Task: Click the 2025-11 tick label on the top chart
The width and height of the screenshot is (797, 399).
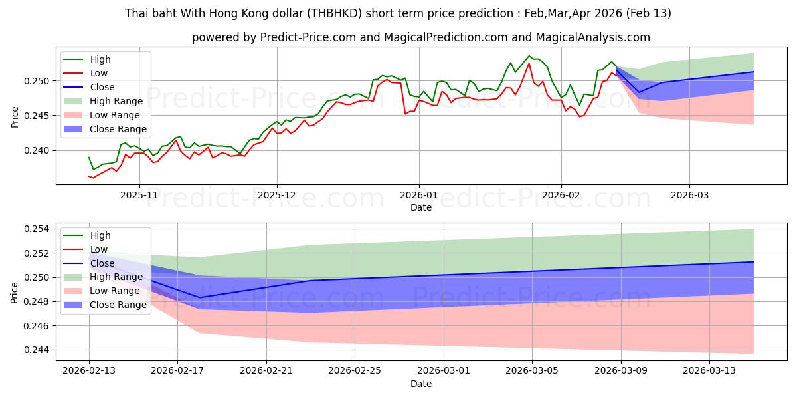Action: pos(139,196)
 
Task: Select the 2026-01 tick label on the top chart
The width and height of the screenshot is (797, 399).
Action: pos(418,196)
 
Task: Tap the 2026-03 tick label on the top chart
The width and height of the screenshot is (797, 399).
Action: pos(689,196)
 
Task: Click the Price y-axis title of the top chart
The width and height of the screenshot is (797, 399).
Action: pos(15,116)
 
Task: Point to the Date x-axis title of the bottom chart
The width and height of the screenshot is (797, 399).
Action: pos(421,384)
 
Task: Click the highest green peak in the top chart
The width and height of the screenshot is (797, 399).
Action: pos(529,56)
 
